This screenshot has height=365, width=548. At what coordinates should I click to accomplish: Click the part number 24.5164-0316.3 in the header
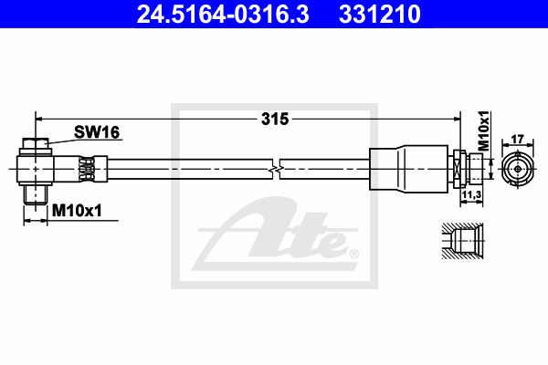tap(223, 14)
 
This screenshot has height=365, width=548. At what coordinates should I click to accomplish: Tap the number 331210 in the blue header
tap(380, 14)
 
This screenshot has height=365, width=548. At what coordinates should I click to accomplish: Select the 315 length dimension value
tap(275, 120)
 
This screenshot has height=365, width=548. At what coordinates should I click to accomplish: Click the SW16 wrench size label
tap(97, 132)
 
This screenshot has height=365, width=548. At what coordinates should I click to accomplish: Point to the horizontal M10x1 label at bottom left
tap(77, 211)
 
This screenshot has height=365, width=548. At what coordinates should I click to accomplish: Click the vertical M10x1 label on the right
tap(484, 131)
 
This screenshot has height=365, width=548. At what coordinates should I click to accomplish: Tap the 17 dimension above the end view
tap(517, 139)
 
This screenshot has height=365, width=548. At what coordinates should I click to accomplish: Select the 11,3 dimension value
tap(471, 195)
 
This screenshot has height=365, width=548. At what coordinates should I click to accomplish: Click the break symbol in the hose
tap(276, 170)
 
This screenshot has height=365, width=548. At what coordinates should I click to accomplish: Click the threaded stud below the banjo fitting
tap(36, 194)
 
